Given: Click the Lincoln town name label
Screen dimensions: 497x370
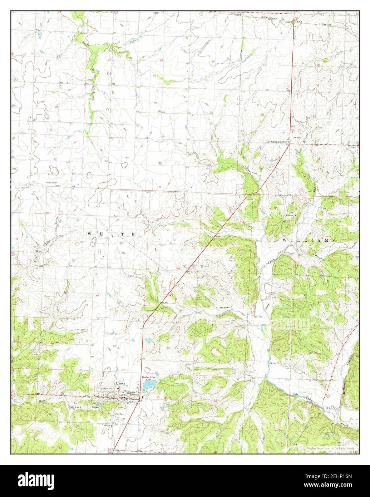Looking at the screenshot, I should pos(120,384).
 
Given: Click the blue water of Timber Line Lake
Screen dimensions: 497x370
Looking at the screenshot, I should pos(148,385).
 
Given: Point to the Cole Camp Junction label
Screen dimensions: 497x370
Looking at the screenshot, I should pos(276,142).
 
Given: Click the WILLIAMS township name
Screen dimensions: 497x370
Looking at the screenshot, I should pos(309,241).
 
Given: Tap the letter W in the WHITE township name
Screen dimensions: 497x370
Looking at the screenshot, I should pos(90,233).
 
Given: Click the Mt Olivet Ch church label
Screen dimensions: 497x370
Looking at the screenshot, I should pos(290,216).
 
